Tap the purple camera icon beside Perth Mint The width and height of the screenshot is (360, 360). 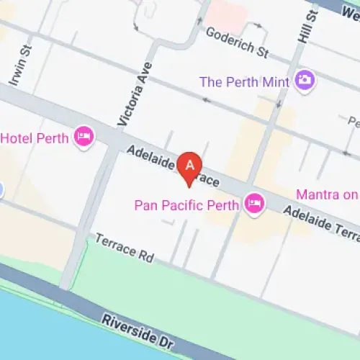305,80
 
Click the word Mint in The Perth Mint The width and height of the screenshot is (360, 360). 275,82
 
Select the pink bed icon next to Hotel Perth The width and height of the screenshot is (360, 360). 84,137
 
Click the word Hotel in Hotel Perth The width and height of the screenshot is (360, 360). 21,138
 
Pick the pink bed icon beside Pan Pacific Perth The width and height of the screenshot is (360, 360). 254,204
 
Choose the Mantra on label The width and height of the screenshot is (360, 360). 328,194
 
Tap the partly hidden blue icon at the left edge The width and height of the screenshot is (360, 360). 1,189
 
